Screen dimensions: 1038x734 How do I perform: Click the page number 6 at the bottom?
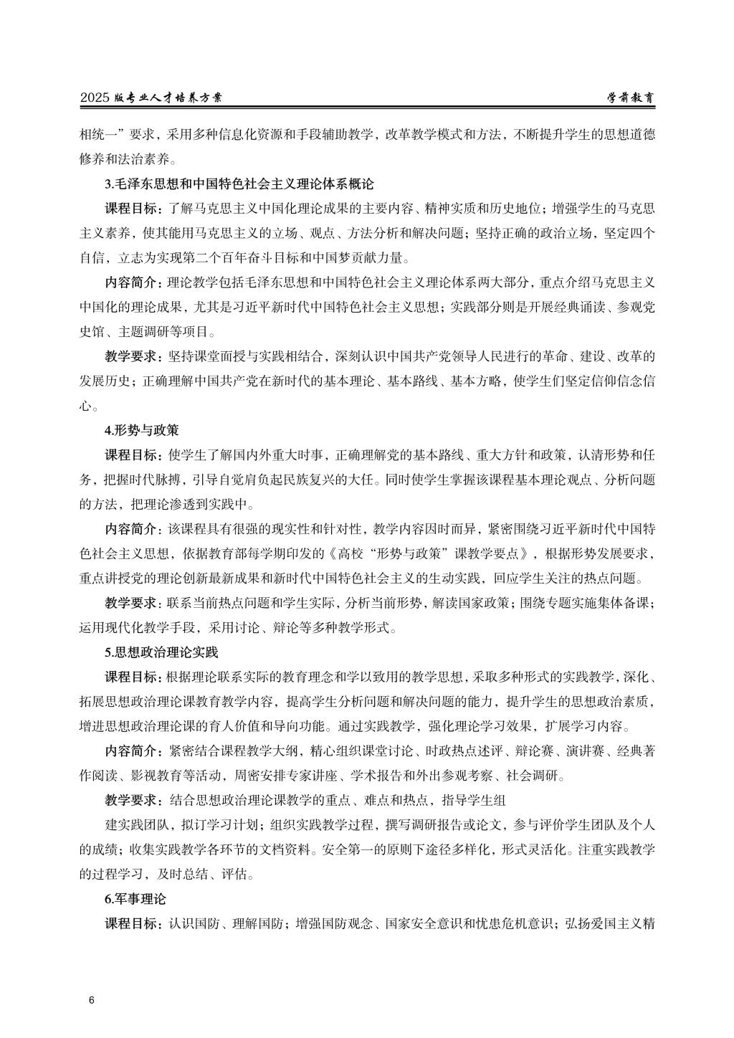(x=91, y=1000)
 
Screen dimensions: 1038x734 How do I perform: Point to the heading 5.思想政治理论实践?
(x=161, y=652)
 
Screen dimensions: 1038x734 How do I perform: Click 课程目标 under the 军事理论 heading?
(x=133, y=923)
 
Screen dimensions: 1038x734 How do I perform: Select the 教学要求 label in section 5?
(x=133, y=800)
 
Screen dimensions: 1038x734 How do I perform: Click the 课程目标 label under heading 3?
(x=133, y=209)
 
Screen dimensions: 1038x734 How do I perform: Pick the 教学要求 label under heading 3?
(x=133, y=356)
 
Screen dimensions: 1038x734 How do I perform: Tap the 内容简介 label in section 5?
(x=133, y=751)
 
